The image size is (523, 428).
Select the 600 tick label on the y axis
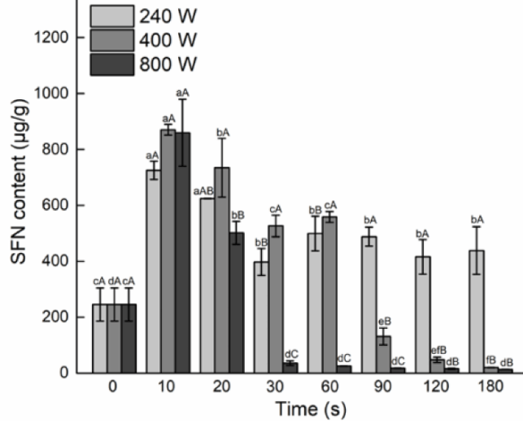(65, 205)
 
